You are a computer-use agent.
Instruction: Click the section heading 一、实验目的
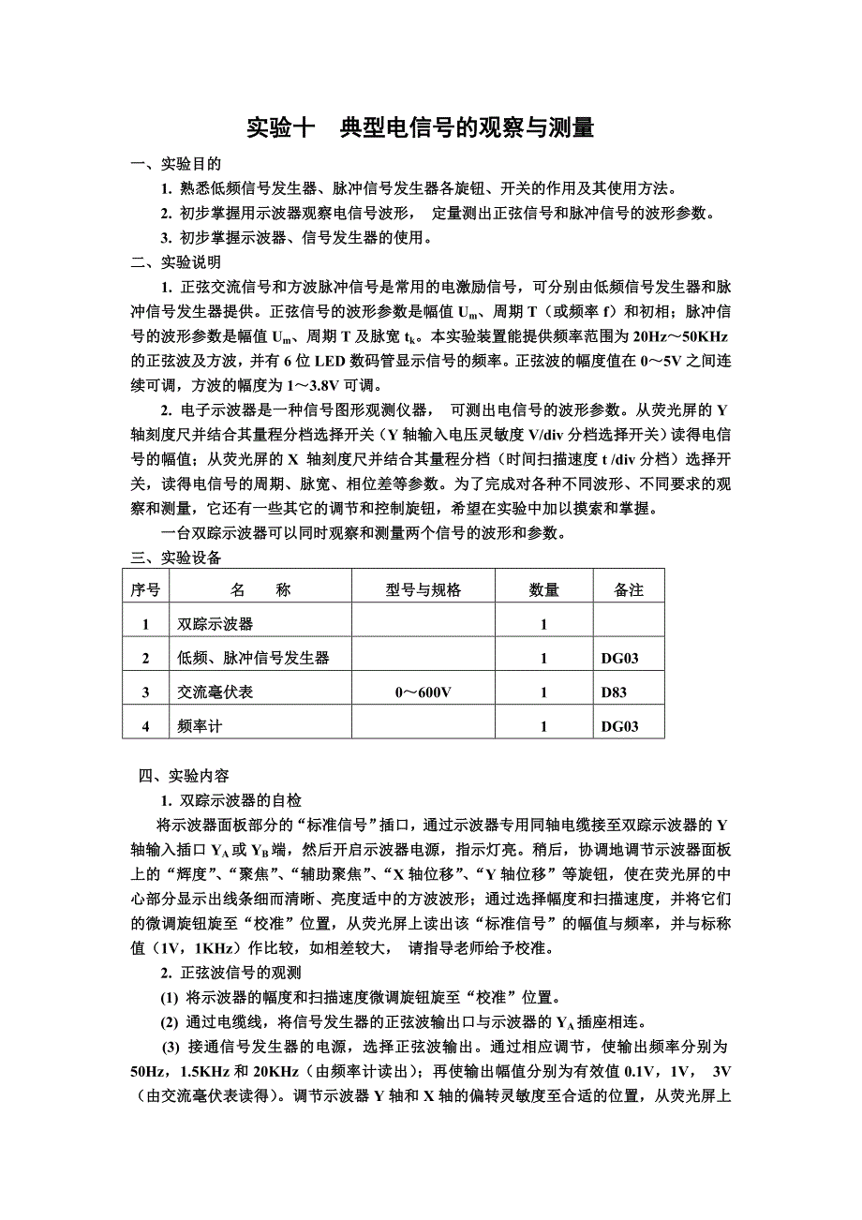coord(176,164)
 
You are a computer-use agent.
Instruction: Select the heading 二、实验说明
coord(176,261)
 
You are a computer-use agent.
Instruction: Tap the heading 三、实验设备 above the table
coord(176,558)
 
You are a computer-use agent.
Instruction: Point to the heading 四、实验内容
coord(184,776)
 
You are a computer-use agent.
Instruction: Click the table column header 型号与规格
coord(424,589)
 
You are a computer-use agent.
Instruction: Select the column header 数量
coord(543,589)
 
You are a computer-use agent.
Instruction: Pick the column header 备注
coord(629,589)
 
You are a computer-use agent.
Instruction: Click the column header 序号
coord(145,589)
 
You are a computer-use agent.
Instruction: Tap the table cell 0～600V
coord(424,692)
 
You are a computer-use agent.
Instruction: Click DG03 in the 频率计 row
coord(620,726)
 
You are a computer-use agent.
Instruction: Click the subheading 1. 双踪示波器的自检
coord(230,800)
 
